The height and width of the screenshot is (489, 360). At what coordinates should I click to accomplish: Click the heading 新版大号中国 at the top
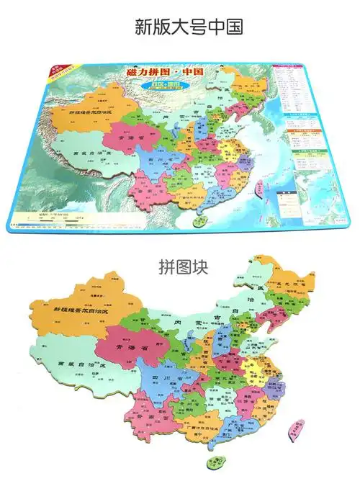pos(179,27)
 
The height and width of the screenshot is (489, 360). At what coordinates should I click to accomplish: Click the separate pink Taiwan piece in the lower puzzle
pos(294,429)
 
